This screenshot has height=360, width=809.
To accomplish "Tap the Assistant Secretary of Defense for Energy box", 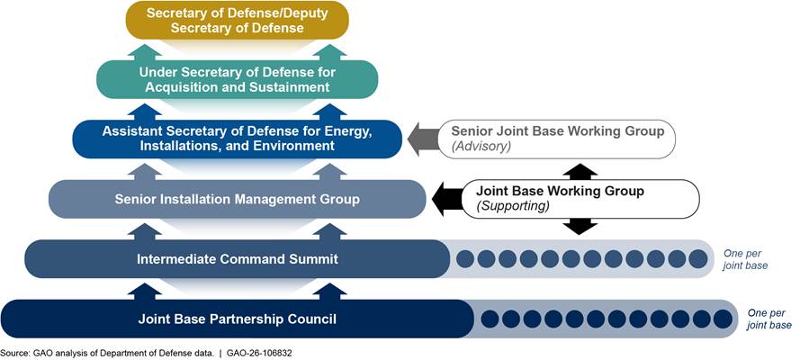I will [236, 139].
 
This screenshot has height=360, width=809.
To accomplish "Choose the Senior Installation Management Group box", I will [236, 198].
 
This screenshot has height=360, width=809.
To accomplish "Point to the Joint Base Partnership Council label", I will [237, 319].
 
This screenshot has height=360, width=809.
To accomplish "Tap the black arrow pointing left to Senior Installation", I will [445, 198].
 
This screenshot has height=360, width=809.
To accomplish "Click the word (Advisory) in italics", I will [481, 147].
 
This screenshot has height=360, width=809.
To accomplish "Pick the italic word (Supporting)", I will [508, 206].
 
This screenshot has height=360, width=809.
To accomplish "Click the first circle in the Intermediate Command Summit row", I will [465, 259].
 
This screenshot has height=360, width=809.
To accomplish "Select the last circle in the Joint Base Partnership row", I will [724, 319].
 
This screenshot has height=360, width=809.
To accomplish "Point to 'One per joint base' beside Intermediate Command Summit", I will [745, 259].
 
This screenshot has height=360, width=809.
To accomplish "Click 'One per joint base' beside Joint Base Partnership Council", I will [769, 319].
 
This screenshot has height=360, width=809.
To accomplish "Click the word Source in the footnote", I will [13, 353].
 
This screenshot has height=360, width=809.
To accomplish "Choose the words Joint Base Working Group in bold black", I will [560, 191].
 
